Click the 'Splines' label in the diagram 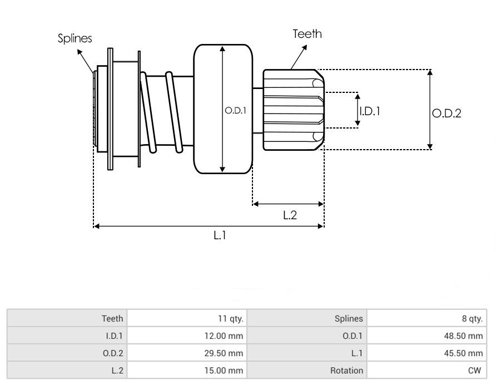pos(75,38)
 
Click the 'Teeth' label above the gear pos(307,34)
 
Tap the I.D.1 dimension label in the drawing pos(370,111)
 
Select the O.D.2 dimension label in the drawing pos(447,113)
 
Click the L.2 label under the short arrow pos(290,215)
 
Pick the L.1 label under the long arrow pos(220,235)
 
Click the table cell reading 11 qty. pos(231,319)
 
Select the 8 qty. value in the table pos(472,319)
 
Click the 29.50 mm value pos(224,353)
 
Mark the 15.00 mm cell pos(224,371)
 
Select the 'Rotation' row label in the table pos(346,371)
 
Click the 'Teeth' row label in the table pos(112,319)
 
